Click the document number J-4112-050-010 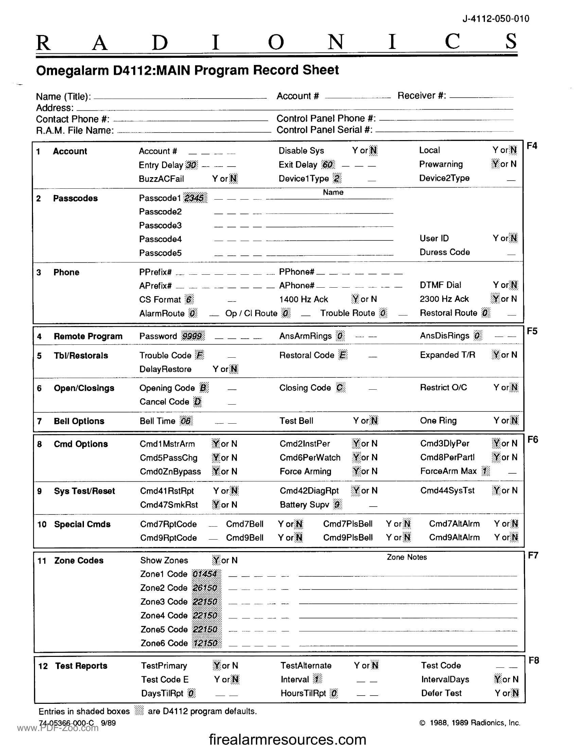click(495, 19)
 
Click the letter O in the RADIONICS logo click(276, 42)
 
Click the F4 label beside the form click(532, 146)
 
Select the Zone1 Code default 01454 click(205, 574)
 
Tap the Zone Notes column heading click(406, 557)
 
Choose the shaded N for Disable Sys click(373, 150)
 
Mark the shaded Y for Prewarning click(495, 164)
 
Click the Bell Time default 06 click(186, 421)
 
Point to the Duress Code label click(444, 252)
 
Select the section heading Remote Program click(88, 336)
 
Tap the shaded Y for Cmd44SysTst click(496, 490)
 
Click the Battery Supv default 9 click(337, 505)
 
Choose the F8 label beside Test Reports click(534, 660)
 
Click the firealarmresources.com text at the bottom click(287, 739)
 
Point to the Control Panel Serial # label click(324, 130)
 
